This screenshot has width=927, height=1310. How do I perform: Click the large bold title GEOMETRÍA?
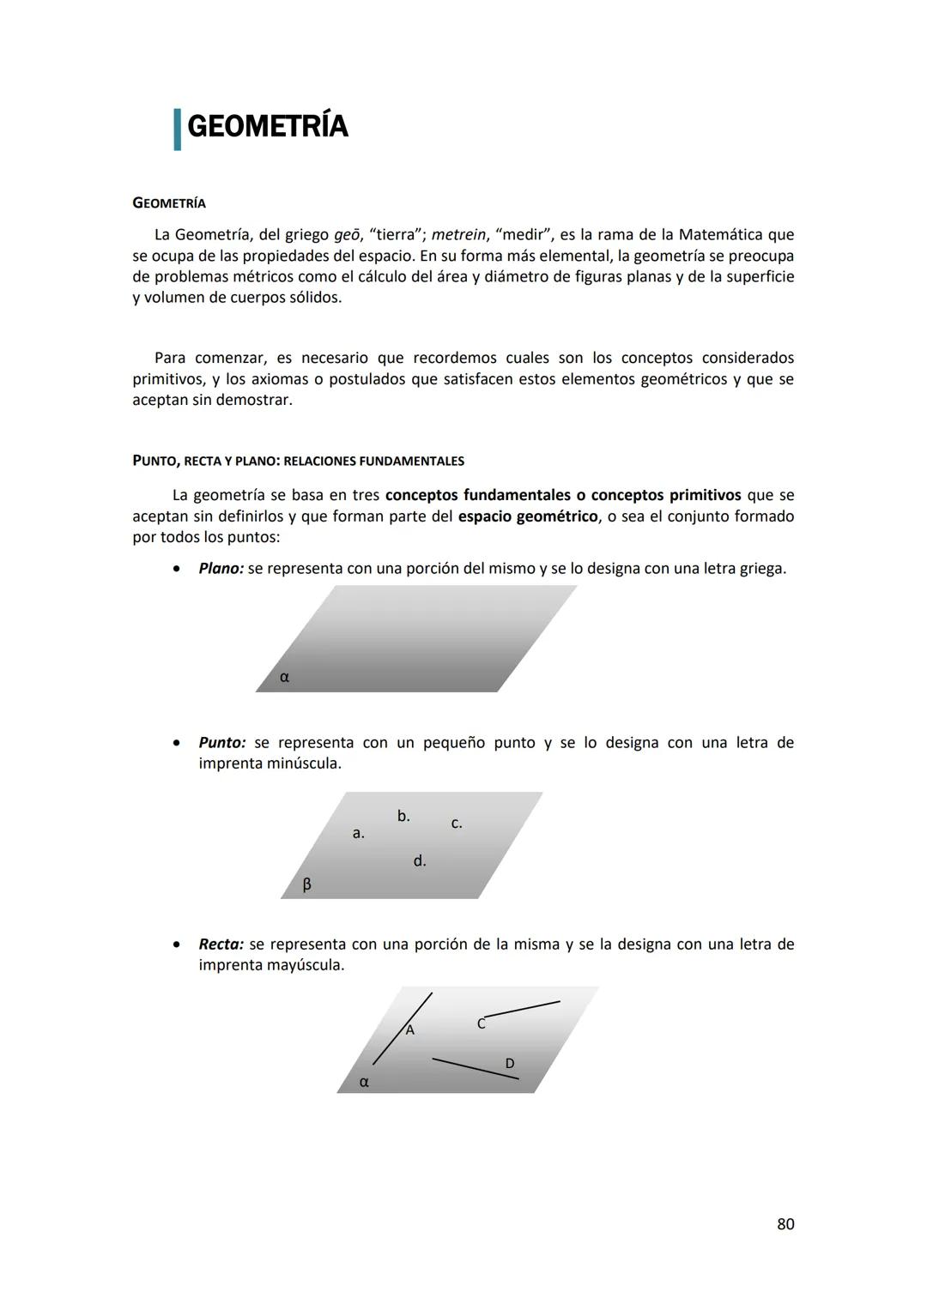(x=267, y=127)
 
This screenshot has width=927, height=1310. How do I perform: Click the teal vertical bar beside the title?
(x=177, y=129)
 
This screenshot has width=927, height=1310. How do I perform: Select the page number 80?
(x=785, y=1224)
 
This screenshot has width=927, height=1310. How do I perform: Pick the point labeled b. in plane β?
(x=403, y=816)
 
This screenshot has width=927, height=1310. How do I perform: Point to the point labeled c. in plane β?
(x=457, y=824)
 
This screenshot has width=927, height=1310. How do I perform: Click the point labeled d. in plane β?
(x=420, y=860)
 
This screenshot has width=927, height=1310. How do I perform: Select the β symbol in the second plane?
(x=306, y=884)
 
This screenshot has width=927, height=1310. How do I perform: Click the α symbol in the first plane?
(x=284, y=677)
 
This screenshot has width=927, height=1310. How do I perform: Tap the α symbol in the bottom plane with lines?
(x=364, y=1083)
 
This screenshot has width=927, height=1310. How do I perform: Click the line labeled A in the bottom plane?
(x=402, y=1029)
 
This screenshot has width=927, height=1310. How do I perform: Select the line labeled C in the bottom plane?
(x=522, y=1009)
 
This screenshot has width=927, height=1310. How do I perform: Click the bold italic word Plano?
(x=221, y=569)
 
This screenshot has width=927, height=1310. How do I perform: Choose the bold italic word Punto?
(x=222, y=743)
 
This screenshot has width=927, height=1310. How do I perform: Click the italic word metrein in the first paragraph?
(x=458, y=235)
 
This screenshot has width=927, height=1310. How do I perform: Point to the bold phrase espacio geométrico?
(x=528, y=516)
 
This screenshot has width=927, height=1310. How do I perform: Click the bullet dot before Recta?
(x=176, y=945)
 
